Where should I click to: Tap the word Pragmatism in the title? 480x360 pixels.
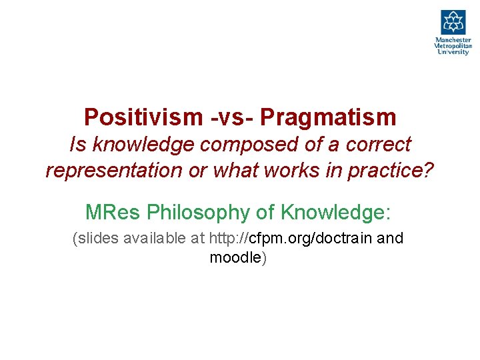328,117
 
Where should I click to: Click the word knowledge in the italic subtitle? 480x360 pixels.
135,144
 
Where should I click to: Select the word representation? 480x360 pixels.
114,170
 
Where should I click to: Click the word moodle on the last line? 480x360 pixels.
235,258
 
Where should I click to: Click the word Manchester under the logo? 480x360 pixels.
453,40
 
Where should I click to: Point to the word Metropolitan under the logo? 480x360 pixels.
453,46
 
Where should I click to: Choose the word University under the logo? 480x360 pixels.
453,52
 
